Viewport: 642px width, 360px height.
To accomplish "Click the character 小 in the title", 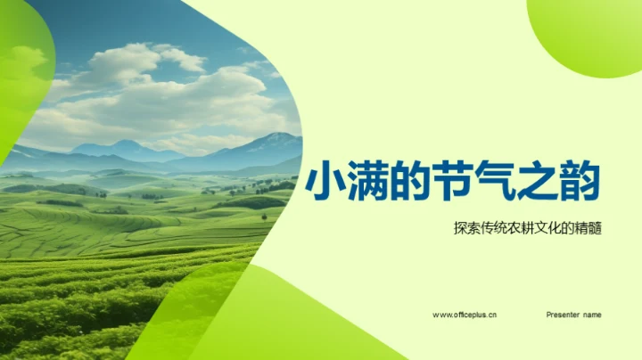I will coord(325,184).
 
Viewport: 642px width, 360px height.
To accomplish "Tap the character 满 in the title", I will coord(367,184).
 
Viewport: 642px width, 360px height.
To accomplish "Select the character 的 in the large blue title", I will coord(410,184).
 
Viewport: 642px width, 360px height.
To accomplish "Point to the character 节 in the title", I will coord(454,184).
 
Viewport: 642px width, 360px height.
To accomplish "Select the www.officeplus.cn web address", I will coord(465,315).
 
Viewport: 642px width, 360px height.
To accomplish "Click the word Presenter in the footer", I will coord(563,315).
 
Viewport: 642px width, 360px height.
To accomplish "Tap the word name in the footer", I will coord(592,315).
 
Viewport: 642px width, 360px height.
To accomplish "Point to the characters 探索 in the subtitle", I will coord(465,229).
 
